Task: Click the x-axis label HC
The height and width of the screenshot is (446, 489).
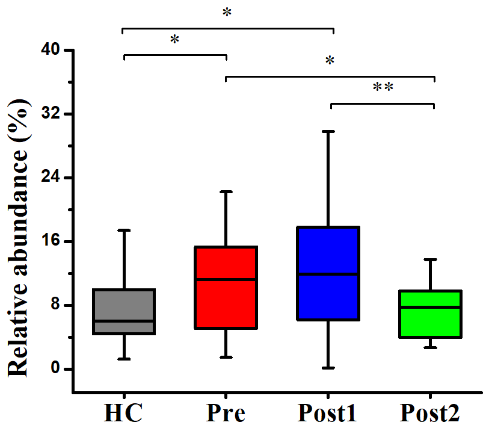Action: pos(124,414)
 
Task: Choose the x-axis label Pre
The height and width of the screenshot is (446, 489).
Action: pos(226,414)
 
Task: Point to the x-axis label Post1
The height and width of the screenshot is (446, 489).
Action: pos(328,414)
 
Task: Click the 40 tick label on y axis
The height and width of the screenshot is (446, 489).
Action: pos(51,50)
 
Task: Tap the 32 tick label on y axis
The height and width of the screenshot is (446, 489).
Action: pos(51,114)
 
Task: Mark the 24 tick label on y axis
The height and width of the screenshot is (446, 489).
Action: pos(51,178)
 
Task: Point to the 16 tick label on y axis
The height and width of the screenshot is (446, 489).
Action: pos(51,241)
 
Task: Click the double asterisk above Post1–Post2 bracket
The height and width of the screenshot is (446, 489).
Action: pos(383,88)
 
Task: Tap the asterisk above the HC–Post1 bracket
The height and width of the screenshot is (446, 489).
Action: pos(227,13)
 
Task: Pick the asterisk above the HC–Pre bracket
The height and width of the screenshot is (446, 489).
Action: pos(174,40)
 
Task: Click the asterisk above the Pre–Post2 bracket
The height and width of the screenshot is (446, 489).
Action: pos(330,61)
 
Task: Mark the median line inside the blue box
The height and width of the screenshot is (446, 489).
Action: pos(328,274)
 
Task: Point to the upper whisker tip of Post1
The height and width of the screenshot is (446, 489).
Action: pos(328,131)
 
